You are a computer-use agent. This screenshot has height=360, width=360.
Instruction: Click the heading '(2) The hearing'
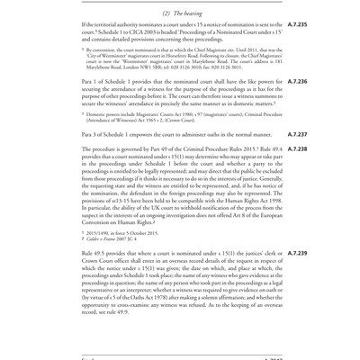point(182,12)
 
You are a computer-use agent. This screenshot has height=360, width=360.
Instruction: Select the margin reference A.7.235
point(297,25)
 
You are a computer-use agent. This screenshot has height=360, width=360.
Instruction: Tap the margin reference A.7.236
point(297,82)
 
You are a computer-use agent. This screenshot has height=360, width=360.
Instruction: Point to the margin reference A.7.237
point(297,134)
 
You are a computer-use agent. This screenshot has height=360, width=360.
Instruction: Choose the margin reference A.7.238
point(297,149)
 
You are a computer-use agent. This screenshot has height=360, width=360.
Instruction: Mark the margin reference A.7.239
point(297,254)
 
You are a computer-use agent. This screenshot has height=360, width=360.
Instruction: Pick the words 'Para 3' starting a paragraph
point(93,134)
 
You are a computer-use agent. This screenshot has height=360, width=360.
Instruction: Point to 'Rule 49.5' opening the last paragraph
point(98,254)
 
